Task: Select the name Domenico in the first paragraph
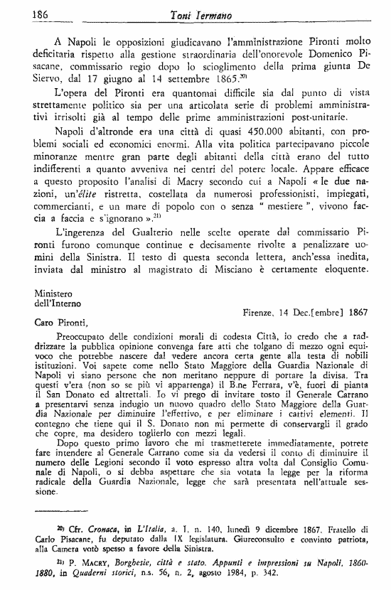point(334,60)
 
